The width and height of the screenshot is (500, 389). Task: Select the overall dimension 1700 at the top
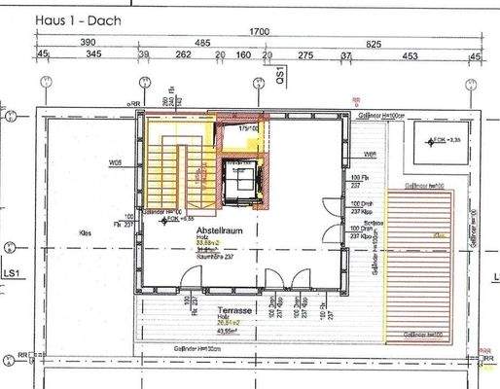pyautogui.click(x=259, y=32)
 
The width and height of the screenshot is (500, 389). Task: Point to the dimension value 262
pyautogui.click(x=181, y=56)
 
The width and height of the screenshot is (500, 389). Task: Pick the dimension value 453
pyautogui.click(x=410, y=56)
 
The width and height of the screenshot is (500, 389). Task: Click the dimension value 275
pyautogui.click(x=305, y=56)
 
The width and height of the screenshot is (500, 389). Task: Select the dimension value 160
pyautogui.click(x=244, y=56)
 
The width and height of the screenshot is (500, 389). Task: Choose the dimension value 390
pyautogui.click(x=87, y=44)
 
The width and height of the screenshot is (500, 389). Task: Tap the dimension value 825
pyautogui.click(x=401, y=44)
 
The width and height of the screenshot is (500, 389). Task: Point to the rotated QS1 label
pyautogui.click(x=279, y=74)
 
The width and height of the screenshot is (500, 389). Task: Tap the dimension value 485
pyautogui.click(x=202, y=44)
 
